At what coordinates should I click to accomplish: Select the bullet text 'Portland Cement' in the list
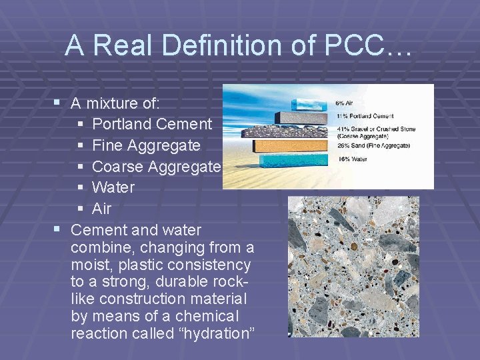tap(152, 124)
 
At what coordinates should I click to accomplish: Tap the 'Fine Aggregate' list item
tap(146, 145)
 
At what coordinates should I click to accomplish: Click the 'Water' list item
tap(113, 187)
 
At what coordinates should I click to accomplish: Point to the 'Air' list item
tap(101, 209)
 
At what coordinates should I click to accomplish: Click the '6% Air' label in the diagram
tap(345, 103)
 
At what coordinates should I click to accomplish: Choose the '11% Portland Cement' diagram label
tap(365, 116)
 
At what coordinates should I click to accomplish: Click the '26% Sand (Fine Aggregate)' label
tap(373, 145)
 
